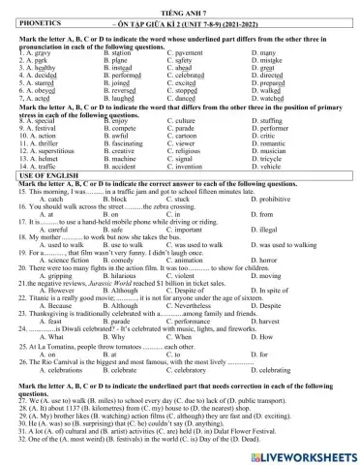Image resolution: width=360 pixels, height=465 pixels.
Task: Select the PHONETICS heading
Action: (x=40, y=18)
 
